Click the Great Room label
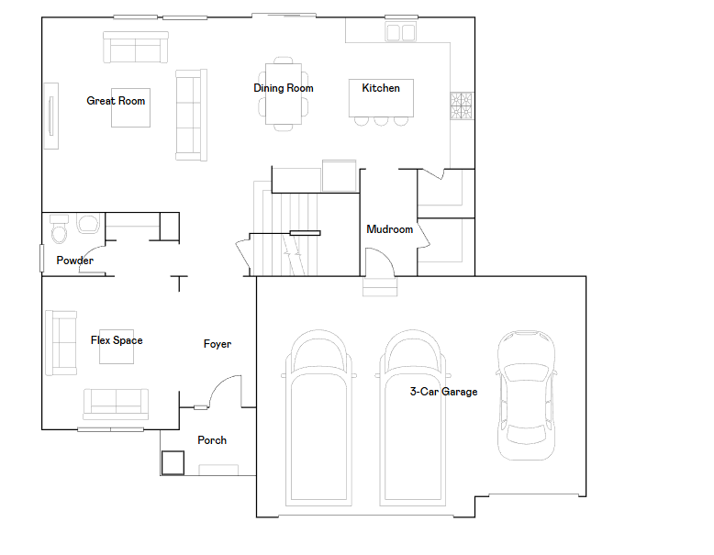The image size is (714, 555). pyautogui.click(x=116, y=101)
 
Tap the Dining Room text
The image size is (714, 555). pyautogui.click(x=284, y=88)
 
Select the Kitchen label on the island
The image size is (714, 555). pyautogui.click(x=381, y=88)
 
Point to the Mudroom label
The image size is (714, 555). pyautogui.click(x=390, y=229)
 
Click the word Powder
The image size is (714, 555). pyautogui.click(x=74, y=261)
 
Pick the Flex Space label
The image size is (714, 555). pyautogui.click(x=117, y=340)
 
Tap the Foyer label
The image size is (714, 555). pyautogui.click(x=218, y=344)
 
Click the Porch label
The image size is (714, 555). pyautogui.click(x=212, y=440)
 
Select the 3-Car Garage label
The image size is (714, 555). pyautogui.click(x=443, y=392)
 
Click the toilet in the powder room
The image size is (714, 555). pyautogui.click(x=59, y=229)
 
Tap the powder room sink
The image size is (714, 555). pyautogui.click(x=88, y=224)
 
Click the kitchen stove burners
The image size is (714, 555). pyautogui.click(x=462, y=106)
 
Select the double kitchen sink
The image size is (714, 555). pyautogui.click(x=401, y=32)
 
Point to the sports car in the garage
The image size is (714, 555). pyautogui.click(x=526, y=395)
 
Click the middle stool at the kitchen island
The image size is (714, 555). pyautogui.click(x=381, y=121)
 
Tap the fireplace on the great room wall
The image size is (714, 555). pyautogui.click(x=51, y=116)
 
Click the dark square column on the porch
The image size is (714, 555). pyautogui.click(x=173, y=462)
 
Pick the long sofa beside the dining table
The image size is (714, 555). pyautogui.click(x=191, y=116)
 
